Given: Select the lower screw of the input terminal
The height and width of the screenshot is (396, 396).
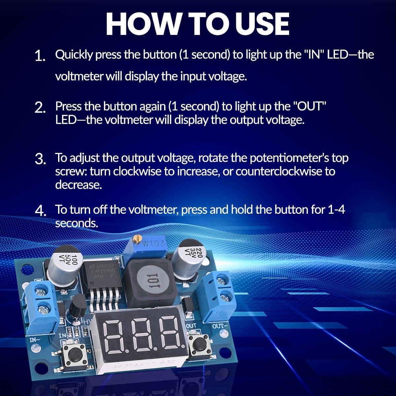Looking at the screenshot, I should pos(42,309).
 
